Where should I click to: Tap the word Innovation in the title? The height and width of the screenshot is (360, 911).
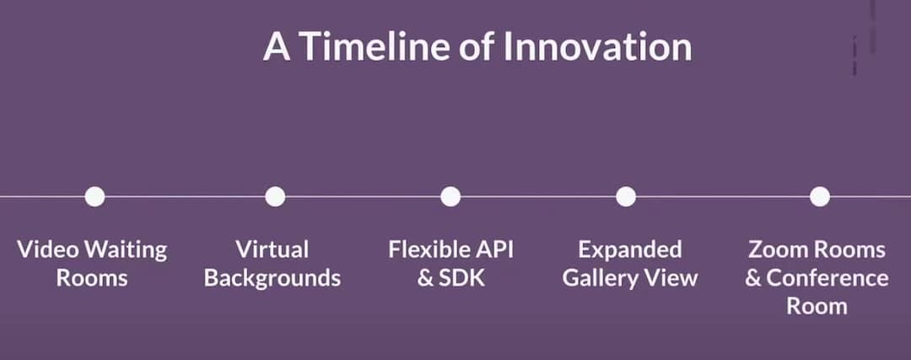597,47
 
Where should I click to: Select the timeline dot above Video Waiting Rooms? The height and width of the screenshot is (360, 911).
94,196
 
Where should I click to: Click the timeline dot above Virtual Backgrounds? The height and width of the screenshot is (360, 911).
275,196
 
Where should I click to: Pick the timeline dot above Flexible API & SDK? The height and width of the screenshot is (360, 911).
450,196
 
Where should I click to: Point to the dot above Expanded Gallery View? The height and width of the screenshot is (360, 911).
626,196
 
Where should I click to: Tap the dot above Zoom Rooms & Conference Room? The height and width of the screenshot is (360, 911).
820,196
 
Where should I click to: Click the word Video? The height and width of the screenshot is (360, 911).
48,250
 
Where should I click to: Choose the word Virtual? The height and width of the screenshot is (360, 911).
272,250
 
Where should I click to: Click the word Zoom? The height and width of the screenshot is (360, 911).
778,250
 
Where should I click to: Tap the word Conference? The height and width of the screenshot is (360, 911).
827,278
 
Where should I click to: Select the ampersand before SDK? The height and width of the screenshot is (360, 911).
425,278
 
